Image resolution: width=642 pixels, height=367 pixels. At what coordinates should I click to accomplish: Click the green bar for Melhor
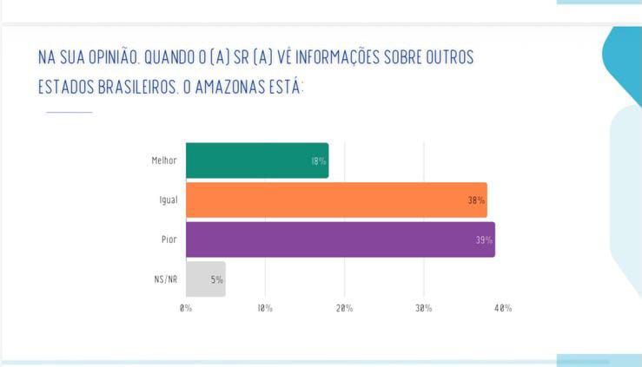click(257, 161)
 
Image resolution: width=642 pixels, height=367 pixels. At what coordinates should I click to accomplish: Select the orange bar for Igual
click(336, 200)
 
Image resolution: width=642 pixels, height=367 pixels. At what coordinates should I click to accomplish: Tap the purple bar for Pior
click(340, 239)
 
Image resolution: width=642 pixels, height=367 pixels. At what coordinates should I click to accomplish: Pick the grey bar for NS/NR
click(205, 279)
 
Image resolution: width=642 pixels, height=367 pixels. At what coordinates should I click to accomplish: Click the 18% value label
click(318, 161)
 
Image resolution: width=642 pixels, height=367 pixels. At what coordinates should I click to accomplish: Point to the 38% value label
click(476, 200)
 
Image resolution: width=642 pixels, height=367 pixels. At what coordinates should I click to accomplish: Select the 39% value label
click(484, 240)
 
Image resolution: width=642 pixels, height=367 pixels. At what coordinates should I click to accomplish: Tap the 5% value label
click(216, 279)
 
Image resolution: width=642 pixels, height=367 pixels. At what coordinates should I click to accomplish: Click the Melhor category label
click(163, 161)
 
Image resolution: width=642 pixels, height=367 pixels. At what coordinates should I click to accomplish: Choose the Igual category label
click(168, 200)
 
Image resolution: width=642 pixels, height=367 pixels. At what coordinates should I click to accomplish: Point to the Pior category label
click(169, 239)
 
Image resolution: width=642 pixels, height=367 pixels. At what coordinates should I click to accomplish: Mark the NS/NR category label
click(165, 279)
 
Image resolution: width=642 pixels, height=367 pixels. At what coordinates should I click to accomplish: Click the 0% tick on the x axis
click(186, 308)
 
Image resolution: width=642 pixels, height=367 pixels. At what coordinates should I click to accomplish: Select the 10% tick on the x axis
click(265, 308)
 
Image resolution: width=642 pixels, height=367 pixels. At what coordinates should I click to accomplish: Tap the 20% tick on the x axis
click(344, 308)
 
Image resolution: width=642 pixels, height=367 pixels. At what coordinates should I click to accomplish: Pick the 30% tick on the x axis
click(424, 308)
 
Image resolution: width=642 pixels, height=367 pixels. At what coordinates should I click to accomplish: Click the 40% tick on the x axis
click(503, 308)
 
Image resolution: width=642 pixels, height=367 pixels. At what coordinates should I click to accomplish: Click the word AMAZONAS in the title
click(228, 88)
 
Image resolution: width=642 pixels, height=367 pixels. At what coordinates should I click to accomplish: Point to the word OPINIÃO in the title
click(107, 58)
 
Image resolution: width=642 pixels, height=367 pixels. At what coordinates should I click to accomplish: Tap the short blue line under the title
click(69, 112)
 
